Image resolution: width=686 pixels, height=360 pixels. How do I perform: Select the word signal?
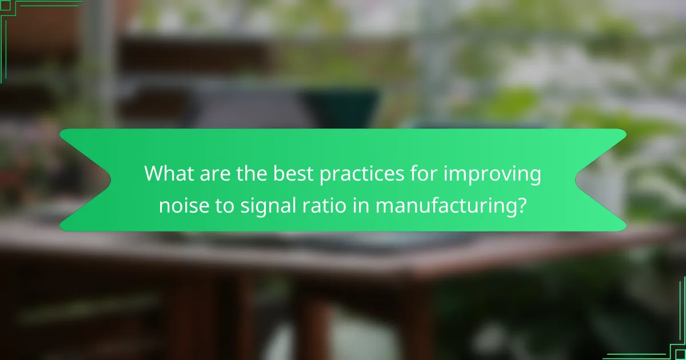tap(260, 206)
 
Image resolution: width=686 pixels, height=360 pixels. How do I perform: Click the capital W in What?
tap(154, 174)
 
